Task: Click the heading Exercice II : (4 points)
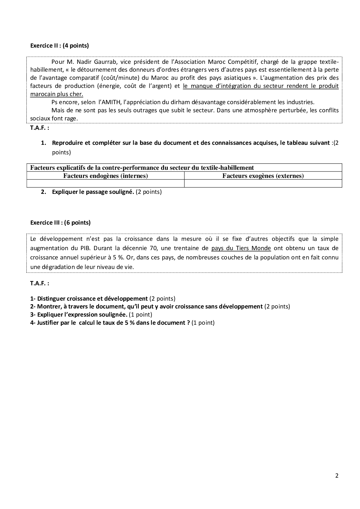pos(60,46)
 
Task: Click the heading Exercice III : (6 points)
pos(60,223)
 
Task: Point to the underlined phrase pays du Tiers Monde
pos(241,248)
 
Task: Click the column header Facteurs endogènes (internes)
pos(105,176)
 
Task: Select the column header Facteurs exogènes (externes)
pos(263,176)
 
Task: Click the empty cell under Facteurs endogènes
pos(105,183)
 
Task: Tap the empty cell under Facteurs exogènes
pos(263,183)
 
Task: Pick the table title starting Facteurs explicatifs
pos(142,168)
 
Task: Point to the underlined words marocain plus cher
pos(57,94)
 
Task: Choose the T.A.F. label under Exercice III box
pos(39,284)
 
